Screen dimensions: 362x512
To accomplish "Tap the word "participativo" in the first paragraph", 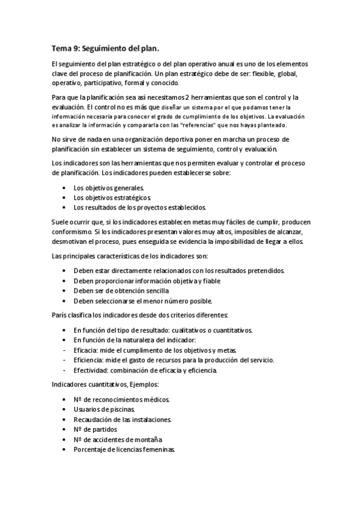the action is (103, 82).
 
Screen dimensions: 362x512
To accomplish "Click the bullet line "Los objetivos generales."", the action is (109, 188).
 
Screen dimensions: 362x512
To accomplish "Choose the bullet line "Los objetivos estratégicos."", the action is (112, 197).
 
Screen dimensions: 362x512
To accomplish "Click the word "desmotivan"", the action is (71, 242).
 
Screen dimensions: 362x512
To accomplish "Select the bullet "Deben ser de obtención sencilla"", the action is (121, 290).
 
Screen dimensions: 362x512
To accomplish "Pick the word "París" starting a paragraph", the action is (60, 315).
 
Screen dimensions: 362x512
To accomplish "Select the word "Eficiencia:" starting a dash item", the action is (89, 360).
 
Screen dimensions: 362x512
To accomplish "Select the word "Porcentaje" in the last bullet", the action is (91, 449).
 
